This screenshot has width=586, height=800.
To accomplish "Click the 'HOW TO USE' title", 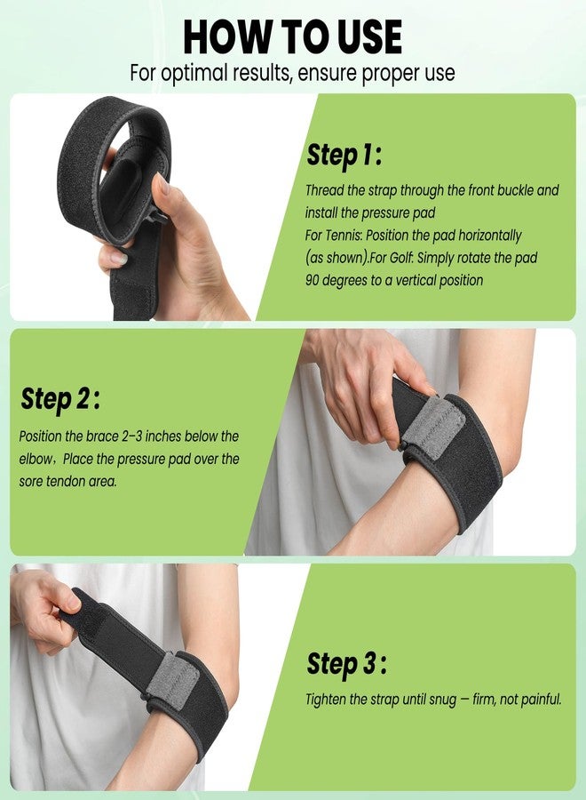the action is coord(292,36).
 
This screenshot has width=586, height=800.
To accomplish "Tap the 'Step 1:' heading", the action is coord(344,155).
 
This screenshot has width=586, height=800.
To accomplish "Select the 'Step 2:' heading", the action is coord(59,398).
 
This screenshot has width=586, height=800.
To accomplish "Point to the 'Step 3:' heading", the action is coord(346,664).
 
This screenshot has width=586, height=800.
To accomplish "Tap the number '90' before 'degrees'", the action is coord(313,280).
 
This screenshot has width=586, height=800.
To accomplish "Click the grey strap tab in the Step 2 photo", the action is coord(433,428).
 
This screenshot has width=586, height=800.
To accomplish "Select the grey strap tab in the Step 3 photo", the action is coord(173,680).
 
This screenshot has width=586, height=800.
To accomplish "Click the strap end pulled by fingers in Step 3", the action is coord(81,608).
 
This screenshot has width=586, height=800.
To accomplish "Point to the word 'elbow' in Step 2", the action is coord(35,459).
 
